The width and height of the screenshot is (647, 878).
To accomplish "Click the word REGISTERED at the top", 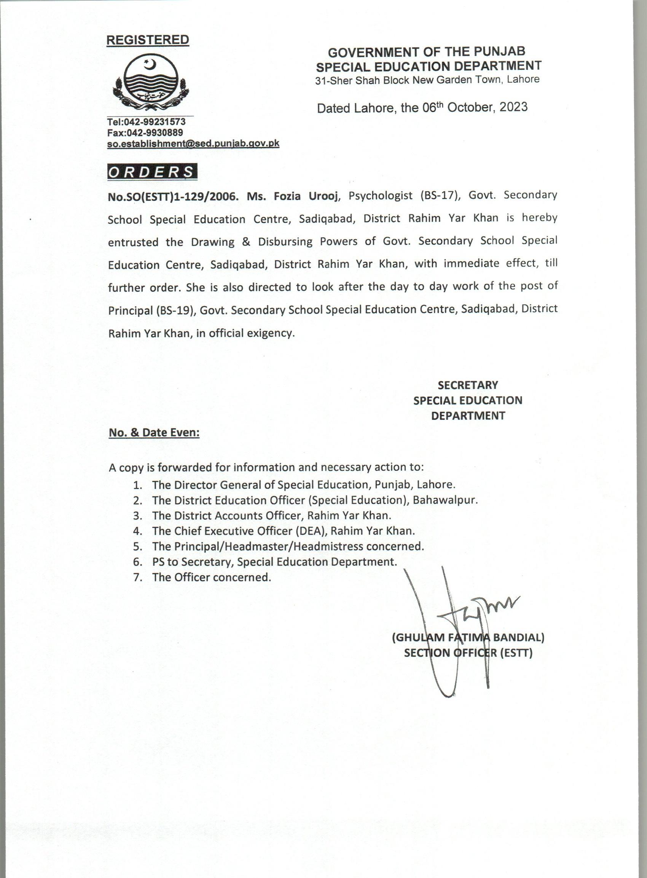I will pyautogui.click(x=148, y=40).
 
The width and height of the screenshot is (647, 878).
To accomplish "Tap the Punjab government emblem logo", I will pyautogui.click(x=151, y=82).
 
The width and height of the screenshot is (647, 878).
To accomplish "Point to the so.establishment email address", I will pyautogui.click(x=193, y=144).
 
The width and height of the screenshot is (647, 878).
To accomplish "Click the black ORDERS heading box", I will pyautogui.click(x=152, y=172).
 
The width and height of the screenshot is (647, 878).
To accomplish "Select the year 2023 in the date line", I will pyautogui.click(x=513, y=107).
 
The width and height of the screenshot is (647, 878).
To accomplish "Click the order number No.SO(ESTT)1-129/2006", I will pyautogui.click(x=173, y=197).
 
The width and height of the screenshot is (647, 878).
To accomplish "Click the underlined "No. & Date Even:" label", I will pyautogui.click(x=154, y=432).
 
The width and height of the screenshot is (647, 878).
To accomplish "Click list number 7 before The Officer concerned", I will pyautogui.click(x=137, y=577).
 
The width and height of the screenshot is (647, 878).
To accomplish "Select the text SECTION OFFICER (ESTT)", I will pyautogui.click(x=468, y=653).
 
